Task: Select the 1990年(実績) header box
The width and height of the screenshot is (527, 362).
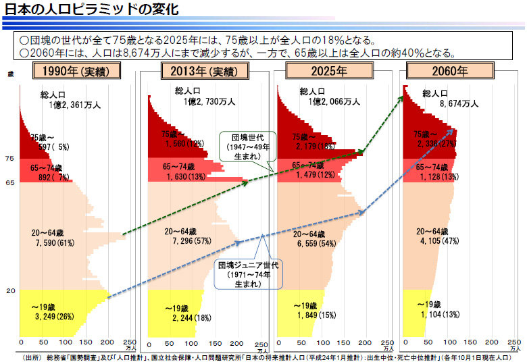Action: coord(76,71)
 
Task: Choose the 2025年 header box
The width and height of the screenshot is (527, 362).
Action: coord(329,71)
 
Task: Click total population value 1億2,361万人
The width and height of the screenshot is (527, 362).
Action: coord(74,105)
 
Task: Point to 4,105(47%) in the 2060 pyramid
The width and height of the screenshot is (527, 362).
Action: coord(439,241)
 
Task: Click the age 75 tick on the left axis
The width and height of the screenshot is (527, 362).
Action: coord(10,159)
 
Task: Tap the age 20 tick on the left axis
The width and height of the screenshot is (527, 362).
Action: coord(10,291)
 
